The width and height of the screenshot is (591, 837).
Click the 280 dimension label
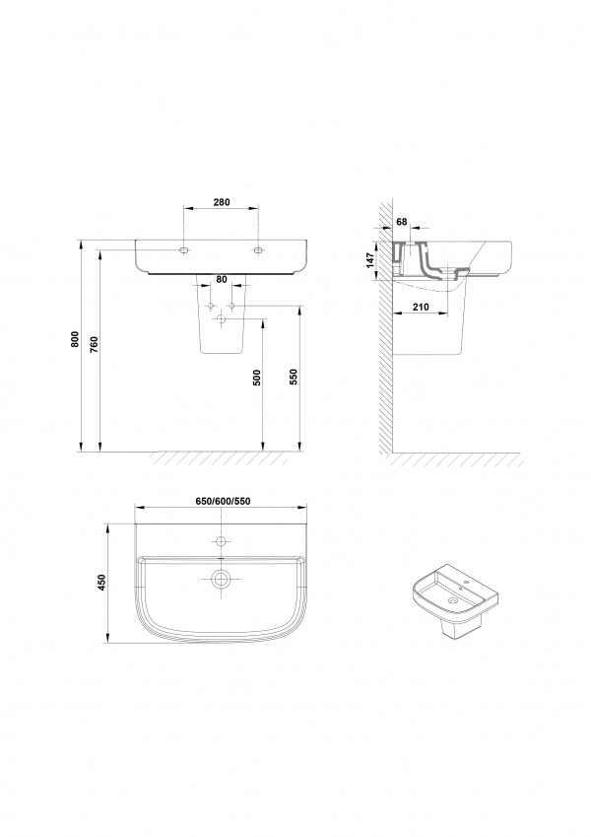click(x=222, y=202)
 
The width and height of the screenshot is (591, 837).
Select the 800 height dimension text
click(x=75, y=339)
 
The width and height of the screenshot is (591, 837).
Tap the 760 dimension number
click(x=95, y=344)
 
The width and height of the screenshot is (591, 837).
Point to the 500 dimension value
click(x=258, y=378)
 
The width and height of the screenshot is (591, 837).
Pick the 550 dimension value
click(x=293, y=378)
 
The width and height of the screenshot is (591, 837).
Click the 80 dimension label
click(x=222, y=279)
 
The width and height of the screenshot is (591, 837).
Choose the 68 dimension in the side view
click(x=402, y=221)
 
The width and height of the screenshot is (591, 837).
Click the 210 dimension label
click(x=421, y=307)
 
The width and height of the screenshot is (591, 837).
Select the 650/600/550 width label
click(x=223, y=501)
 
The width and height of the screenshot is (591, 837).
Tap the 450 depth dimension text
click(x=103, y=583)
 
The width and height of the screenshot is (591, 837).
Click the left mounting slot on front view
click(x=184, y=249)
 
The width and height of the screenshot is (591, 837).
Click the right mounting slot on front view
click(x=258, y=249)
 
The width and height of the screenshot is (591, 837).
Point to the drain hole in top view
click(x=221, y=578)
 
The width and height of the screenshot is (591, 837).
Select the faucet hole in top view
click(x=221, y=541)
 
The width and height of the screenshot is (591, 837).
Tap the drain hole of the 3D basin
click(x=453, y=601)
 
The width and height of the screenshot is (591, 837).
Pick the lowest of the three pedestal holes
click(x=222, y=319)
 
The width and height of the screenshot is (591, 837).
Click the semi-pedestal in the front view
click(x=222, y=314)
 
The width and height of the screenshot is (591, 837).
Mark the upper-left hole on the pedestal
click(x=211, y=306)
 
